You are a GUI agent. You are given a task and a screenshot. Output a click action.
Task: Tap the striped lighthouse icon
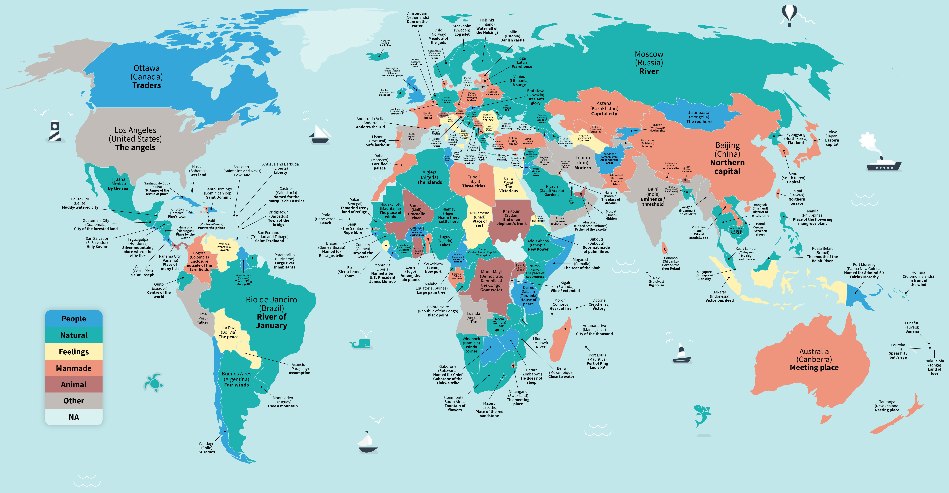55,131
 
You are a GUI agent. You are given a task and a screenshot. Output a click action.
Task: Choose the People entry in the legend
74,319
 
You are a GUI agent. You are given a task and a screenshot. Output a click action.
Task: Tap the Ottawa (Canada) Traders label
147,77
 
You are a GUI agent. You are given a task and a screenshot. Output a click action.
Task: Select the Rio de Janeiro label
271,312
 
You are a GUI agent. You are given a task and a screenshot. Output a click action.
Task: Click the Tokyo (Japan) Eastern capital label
832,138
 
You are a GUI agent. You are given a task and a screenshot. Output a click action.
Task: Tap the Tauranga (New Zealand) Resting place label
887,406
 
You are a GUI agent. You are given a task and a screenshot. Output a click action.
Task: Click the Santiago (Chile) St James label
207,448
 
